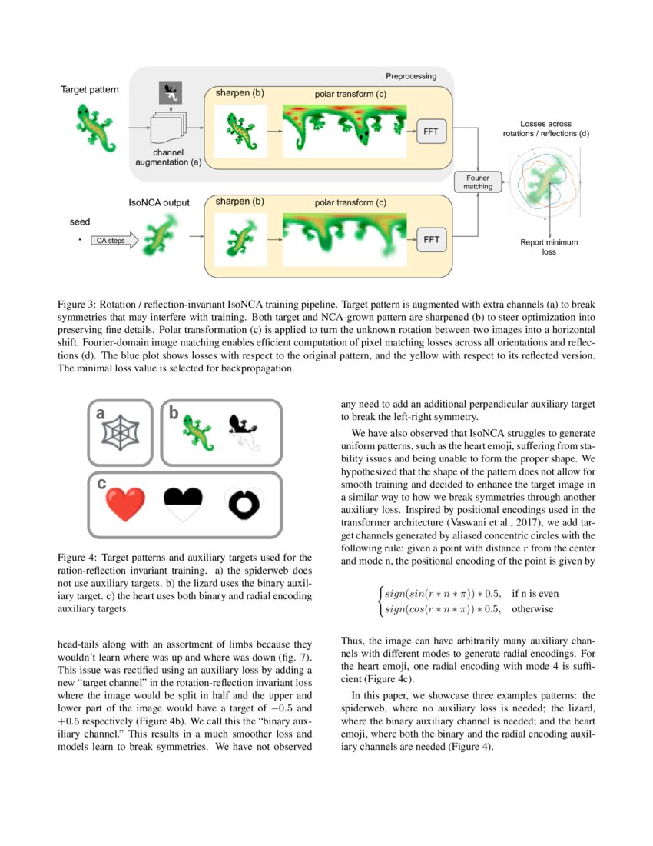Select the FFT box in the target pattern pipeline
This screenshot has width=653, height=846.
click(430, 132)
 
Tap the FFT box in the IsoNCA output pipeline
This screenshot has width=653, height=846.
click(431, 240)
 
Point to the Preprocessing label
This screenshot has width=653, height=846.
click(410, 76)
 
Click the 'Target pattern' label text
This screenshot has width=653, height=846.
click(90, 90)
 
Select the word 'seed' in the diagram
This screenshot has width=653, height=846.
click(80, 221)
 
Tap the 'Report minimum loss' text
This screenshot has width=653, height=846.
click(549, 247)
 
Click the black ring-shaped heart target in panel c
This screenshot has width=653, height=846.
click(245, 504)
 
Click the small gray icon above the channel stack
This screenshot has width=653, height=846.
click(169, 92)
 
